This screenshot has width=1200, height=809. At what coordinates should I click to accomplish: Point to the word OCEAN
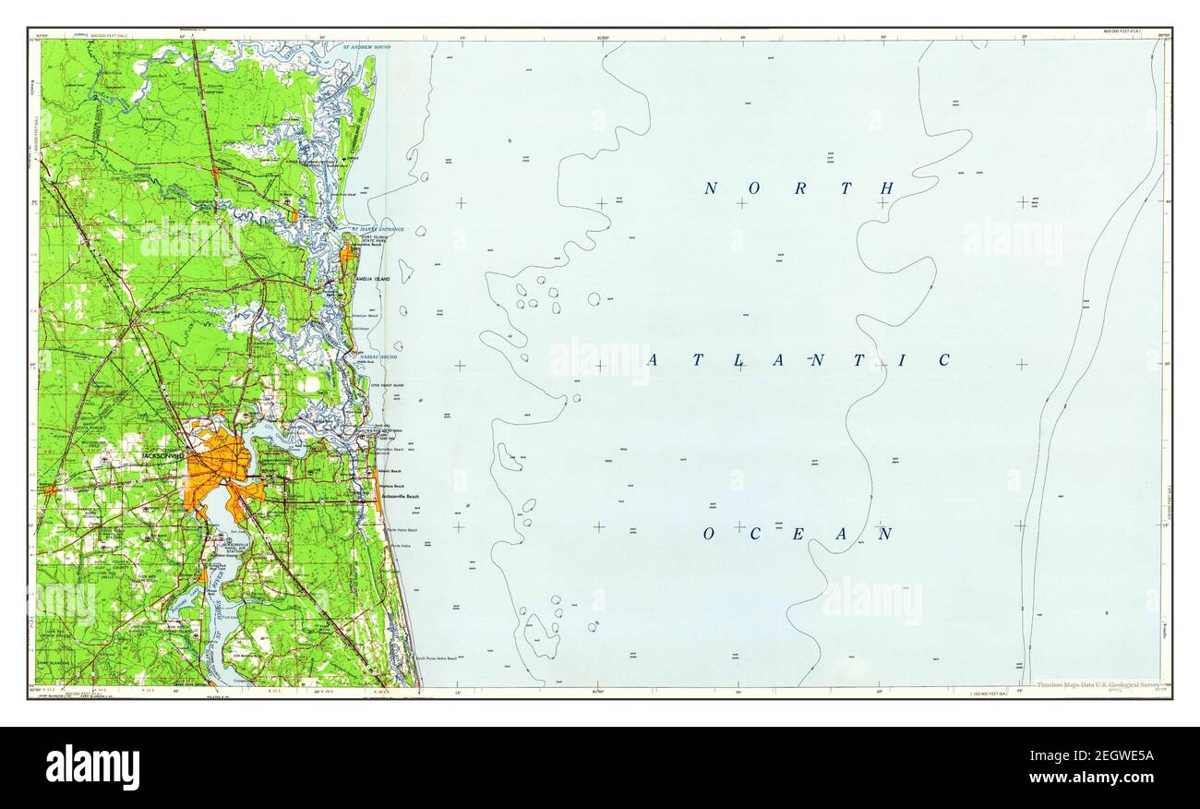pos(798,534)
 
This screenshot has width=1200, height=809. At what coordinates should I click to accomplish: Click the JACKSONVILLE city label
pos(165,456)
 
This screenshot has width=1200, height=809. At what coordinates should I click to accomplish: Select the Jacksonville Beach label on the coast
pos(399,497)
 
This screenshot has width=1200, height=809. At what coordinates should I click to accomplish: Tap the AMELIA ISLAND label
pos(370,278)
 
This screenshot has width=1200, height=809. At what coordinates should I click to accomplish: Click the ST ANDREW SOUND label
pos(366,46)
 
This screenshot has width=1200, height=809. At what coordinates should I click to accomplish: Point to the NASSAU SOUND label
pos(379,356)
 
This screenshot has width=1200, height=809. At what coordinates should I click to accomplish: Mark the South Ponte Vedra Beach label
pos(436,658)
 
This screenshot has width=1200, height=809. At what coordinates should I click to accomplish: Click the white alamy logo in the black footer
pos(92,767)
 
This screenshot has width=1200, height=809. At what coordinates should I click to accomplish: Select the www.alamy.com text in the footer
pos(1095,778)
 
